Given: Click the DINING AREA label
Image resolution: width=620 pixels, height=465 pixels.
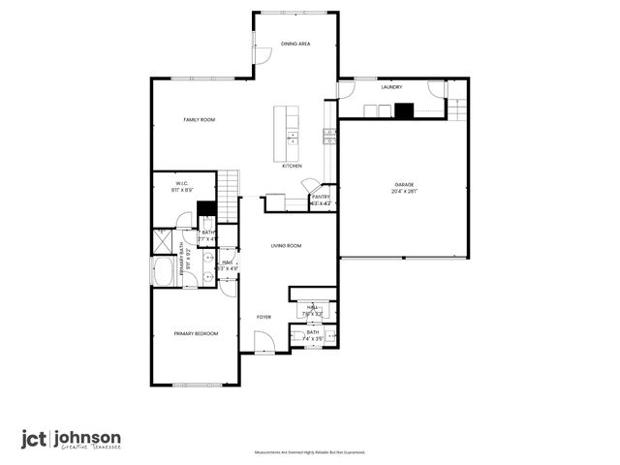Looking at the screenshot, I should coord(295,44).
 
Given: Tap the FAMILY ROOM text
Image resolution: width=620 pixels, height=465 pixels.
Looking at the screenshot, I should coord(200,119).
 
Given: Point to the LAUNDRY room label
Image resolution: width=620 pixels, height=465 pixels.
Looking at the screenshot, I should coord(391,87).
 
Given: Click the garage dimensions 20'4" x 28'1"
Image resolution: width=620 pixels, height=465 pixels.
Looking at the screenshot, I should coord(403,192).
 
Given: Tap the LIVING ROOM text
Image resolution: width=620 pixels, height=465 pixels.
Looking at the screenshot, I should coord(286,246).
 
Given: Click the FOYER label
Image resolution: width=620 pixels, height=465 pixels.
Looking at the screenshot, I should coord(263,317).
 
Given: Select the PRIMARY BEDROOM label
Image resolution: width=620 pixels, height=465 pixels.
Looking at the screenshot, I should coord(196,333).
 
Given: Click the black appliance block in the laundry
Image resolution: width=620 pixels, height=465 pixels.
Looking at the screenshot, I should coord(403,109).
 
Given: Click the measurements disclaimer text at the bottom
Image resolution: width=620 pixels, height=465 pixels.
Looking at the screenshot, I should coord(309,452).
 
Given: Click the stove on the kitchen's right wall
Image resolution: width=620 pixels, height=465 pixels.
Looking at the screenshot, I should coord(328,135).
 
